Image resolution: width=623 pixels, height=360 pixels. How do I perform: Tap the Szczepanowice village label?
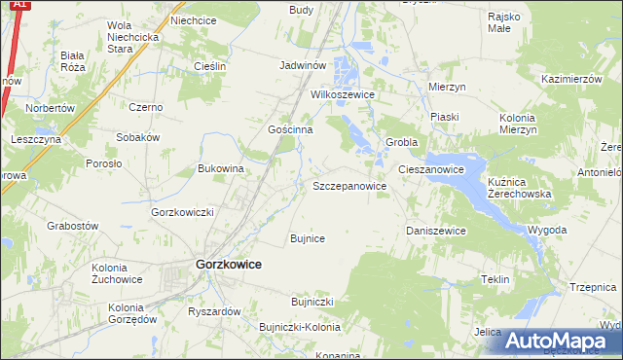tap(350, 185)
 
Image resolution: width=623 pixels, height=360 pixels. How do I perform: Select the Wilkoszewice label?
tap(343, 95)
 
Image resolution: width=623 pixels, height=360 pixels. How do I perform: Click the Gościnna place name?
tap(289, 129)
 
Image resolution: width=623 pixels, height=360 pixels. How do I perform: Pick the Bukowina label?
tap(220, 168)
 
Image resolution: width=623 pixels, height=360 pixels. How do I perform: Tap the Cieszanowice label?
tap(430, 169)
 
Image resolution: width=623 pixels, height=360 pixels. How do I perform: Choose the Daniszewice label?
tap(435, 231)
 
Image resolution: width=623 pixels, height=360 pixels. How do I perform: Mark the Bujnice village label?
tap(308, 237)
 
